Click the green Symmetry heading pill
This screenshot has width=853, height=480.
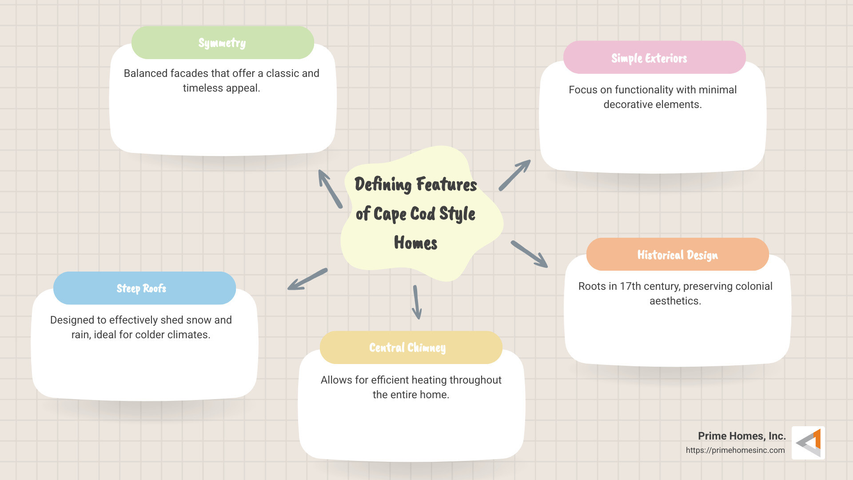(x=223, y=43)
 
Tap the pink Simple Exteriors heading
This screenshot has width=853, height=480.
(x=654, y=58)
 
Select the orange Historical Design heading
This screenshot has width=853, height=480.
(x=677, y=255)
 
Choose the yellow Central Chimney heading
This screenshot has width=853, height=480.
(x=411, y=348)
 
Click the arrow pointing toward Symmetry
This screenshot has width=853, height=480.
(x=330, y=188)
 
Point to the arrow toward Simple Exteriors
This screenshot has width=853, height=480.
(x=515, y=175)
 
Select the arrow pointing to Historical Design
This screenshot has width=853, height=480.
(x=529, y=254)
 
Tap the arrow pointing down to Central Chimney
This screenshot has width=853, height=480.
(x=416, y=302)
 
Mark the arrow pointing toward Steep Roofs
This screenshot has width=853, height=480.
(x=307, y=279)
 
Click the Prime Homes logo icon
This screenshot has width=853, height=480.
(x=809, y=443)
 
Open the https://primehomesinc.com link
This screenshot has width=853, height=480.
(x=735, y=450)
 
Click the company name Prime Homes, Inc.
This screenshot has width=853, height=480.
(x=741, y=436)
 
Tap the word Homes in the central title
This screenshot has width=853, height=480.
(x=415, y=243)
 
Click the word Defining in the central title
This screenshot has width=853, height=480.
(x=383, y=184)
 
